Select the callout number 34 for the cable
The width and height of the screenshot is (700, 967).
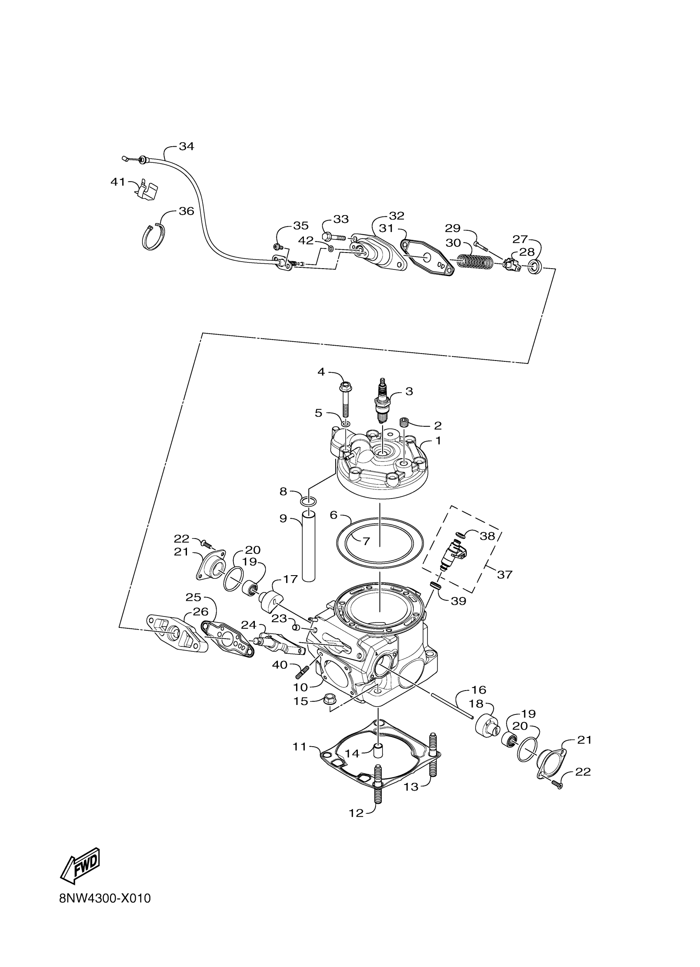(x=186, y=147)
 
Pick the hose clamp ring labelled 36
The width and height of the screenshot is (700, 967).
(x=154, y=236)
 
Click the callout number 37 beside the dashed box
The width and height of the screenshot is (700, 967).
(x=504, y=574)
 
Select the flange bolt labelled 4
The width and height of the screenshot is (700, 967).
(x=345, y=401)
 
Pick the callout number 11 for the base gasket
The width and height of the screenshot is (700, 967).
(x=299, y=746)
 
